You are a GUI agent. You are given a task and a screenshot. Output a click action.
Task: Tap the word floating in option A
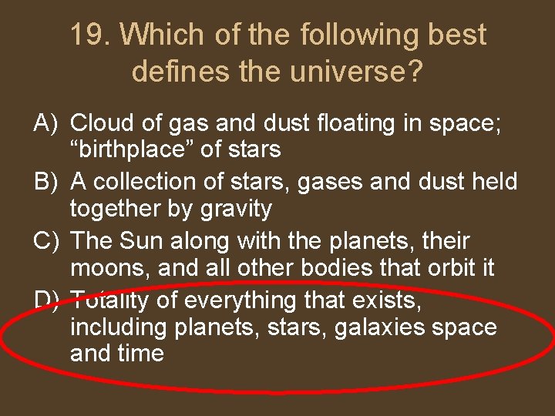(341, 123)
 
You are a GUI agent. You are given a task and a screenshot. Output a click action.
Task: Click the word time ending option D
(143, 354)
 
